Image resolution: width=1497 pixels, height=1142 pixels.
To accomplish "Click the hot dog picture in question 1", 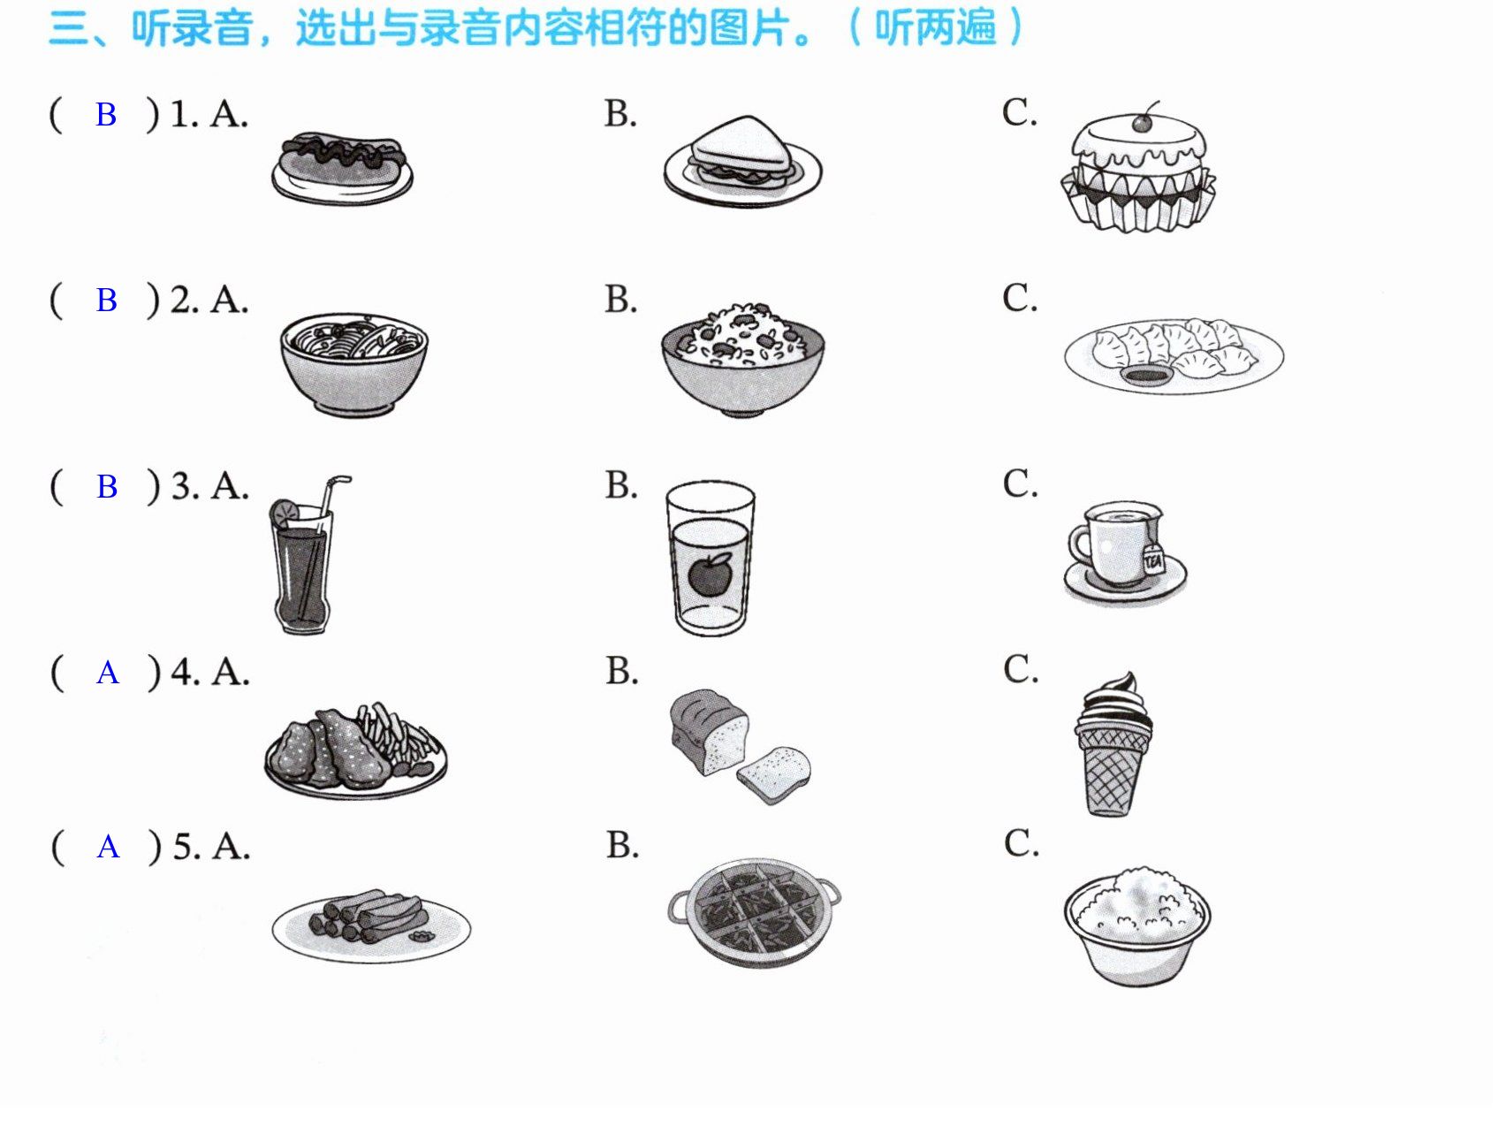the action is [342, 168].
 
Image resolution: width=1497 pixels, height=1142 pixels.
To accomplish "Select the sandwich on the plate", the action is [741, 152].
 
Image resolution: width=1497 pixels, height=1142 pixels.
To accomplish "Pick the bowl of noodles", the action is [353, 363].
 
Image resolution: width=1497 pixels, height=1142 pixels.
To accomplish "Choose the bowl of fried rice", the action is [742, 358].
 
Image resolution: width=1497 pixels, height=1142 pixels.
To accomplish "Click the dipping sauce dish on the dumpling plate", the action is [1146, 377].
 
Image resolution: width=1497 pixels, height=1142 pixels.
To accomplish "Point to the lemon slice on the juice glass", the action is [284, 513].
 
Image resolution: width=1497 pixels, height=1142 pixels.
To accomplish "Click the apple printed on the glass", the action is [711, 574].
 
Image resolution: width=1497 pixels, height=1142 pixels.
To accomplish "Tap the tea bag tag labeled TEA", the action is [1153, 560].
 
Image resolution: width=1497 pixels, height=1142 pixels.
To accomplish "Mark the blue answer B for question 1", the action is [106, 115].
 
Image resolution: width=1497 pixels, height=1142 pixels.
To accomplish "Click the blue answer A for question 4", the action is [108, 674].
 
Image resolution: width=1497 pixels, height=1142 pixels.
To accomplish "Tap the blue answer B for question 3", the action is [107, 487].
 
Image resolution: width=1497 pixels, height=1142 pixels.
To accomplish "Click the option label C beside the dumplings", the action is [1020, 298].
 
